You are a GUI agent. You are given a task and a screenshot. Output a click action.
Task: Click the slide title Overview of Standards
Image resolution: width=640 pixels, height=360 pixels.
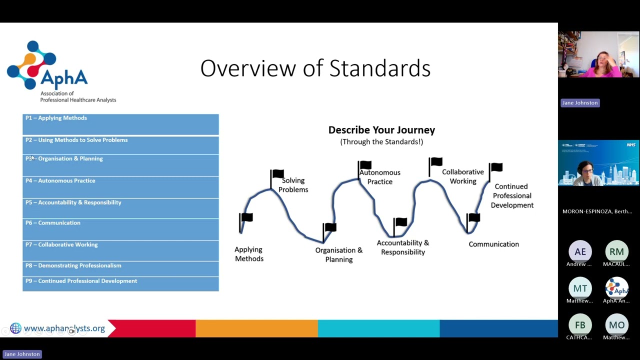pyautogui.click(x=315, y=68)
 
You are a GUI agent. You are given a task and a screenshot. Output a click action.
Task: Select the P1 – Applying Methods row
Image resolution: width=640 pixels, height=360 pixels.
pyautogui.click(x=120, y=124)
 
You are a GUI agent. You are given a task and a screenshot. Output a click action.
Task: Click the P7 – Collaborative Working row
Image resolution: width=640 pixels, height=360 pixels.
pyautogui.click(x=120, y=250)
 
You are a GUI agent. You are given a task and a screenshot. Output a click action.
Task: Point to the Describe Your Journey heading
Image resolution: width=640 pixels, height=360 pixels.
pyautogui.click(x=381, y=130)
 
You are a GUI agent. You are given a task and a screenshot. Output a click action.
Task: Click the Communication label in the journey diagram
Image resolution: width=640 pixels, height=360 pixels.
pyautogui.click(x=493, y=244)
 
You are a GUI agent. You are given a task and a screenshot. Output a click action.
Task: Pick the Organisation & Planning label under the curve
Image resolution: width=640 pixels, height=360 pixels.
pyautogui.click(x=338, y=254)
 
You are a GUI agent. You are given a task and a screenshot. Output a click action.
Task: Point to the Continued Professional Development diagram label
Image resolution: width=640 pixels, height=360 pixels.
pyautogui.click(x=512, y=195)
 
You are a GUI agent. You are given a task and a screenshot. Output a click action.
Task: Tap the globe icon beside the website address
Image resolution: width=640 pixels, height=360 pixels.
pyautogui.click(x=15, y=328)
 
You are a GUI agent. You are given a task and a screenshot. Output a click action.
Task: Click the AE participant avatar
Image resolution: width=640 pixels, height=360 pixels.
pyautogui.click(x=580, y=251)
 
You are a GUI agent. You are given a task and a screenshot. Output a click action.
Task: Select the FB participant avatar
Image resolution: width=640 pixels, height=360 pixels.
pyautogui.click(x=580, y=325)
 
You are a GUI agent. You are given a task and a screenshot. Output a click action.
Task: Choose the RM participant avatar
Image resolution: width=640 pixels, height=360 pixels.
pyautogui.click(x=616, y=251)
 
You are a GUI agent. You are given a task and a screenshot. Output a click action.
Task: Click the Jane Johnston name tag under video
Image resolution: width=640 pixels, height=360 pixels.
pyautogui.click(x=579, y=102)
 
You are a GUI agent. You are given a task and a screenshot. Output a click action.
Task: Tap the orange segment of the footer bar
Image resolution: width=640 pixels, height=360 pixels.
pyautogui.click(x=256, y=328)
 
